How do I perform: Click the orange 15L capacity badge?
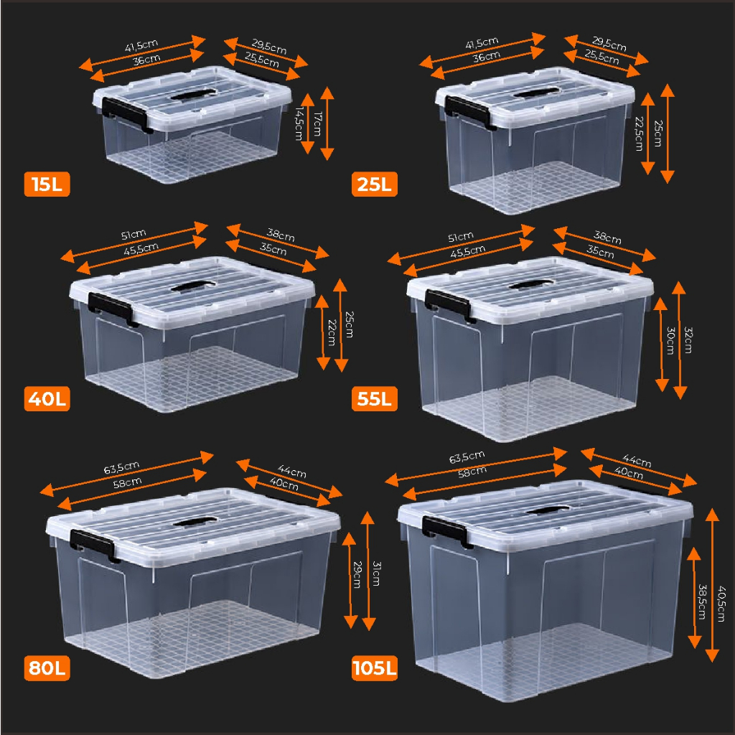pos(47,184)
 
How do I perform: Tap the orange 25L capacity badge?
pos(375,184)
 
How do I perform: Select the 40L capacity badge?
pos(47,398)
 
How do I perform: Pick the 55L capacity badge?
pos(375,398)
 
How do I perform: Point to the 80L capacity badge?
pos(47,668)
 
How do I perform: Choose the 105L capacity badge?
pos(375,668)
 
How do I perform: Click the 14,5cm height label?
pos(299,123)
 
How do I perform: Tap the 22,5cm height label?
pos(639,134)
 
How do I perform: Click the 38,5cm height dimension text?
pos(702,601)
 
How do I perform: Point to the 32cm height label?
pos(688,340)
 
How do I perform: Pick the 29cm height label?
pos(357,575)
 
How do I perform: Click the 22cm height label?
pos(332,332)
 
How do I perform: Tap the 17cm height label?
pos(318,123)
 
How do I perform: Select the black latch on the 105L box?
pos(447,532)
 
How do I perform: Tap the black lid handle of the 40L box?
pos(194,286)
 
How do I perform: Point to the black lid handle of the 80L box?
pos(195,522)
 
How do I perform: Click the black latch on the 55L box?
pos(450,306)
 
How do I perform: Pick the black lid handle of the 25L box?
pos(535,93)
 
